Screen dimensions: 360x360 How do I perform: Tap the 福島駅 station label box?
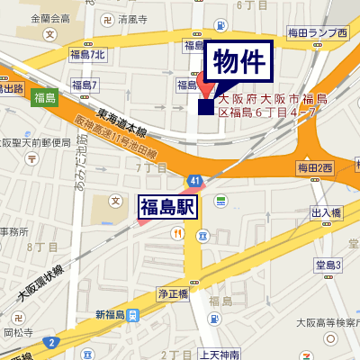coord(166,208)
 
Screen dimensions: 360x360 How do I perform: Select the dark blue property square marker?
coord(206,107)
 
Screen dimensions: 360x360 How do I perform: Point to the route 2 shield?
coord(53,342)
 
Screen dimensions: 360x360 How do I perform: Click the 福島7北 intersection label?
coord(87,56)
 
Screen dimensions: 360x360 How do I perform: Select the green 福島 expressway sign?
coord(43,97)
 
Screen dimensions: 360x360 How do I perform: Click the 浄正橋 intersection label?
coord(172,293)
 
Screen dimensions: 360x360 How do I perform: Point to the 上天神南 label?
coord(220,354)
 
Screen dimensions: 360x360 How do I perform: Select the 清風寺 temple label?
coord(130,18)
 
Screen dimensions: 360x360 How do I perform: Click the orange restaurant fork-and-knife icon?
coord(177,232)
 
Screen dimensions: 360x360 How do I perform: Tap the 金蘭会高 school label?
coord(49,18)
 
